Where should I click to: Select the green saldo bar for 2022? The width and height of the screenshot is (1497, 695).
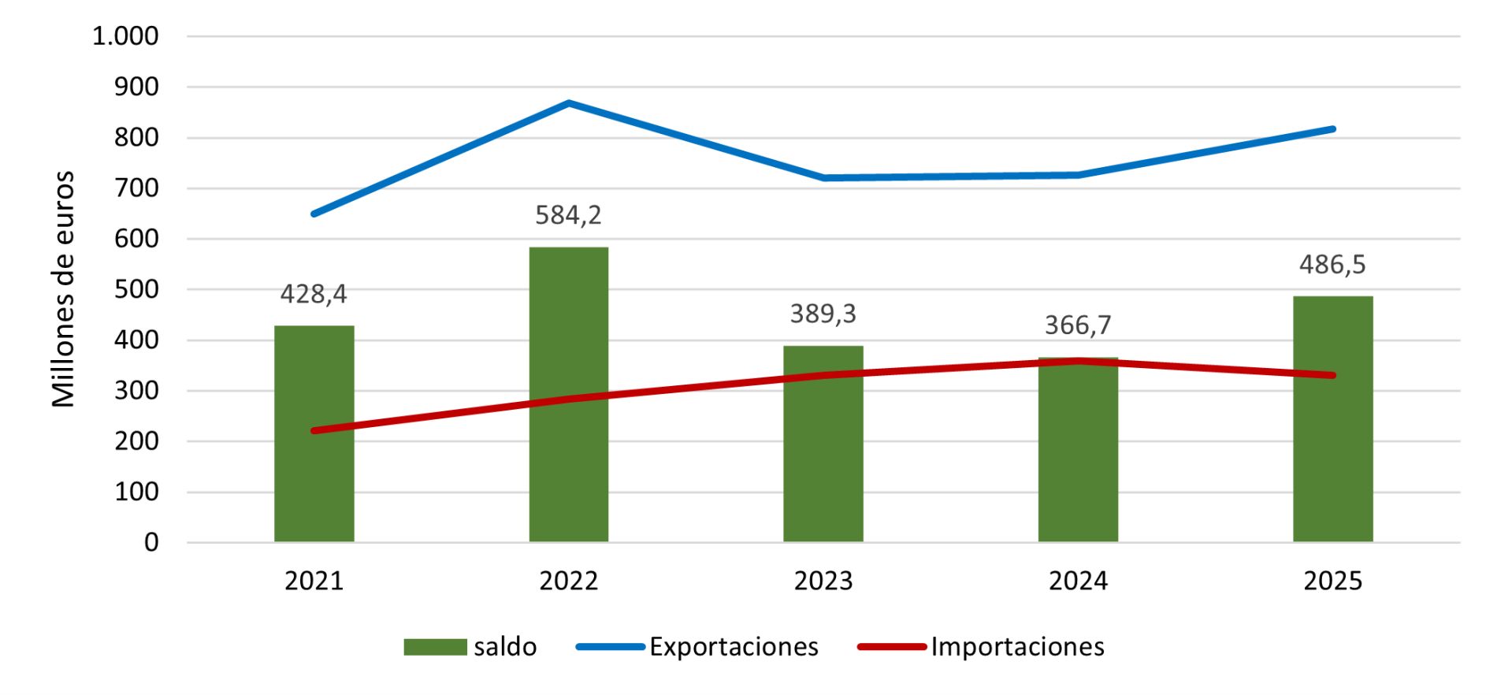click(x=568, y=394)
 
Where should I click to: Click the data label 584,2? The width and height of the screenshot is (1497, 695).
click(x=568, y=215)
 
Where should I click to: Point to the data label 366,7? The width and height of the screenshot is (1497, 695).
click(x=1078, y=325)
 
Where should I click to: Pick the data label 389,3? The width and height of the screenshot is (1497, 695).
click(x=823, y=314)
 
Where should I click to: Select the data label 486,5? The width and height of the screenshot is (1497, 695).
click(x=1332, y=265)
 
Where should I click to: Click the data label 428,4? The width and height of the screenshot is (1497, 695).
click(x=314, y=294)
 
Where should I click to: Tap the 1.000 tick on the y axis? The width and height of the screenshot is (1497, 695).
click(x=125, y=36)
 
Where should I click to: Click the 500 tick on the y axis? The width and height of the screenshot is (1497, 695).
click(x=136, y=289)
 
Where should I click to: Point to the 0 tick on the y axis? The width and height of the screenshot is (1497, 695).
click(x=151, y=542)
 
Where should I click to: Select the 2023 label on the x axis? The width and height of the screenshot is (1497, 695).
click(x=823, y=581)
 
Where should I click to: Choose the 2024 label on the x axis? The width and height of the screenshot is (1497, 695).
click(x=1078, y=581)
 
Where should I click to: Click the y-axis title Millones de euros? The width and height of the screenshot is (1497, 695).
click(x=63, y=289)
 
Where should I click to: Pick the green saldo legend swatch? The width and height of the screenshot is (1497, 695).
click(x=435, y=647)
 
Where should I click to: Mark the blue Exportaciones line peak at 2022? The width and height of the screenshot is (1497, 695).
click(x=568, y=102)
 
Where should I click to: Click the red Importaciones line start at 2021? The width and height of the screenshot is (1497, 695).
click(x=314, y=431)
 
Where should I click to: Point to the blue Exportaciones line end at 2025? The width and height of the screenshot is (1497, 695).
click(x=1332, y=128)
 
